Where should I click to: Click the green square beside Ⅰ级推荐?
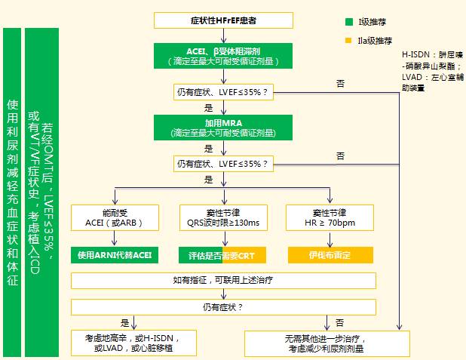(x=348, y=23)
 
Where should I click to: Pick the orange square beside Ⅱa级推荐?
(x=348, y=40)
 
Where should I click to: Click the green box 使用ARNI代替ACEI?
(x=115, y=254)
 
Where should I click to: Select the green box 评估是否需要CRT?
(x=223, y=254)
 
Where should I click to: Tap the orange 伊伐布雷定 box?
(x=330, y=254)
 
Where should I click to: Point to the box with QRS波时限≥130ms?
(x=223, y=217)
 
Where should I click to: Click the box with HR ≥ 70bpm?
(x=330, y=217)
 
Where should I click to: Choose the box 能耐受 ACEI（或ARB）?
(x=115, y=217)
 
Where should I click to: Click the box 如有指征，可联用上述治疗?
(x=223, y=281)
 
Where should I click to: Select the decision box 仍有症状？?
(x=223, y=307)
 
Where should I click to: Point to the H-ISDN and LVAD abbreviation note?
(x=432, y=72)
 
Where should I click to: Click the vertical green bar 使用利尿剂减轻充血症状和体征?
(x=11, y=192)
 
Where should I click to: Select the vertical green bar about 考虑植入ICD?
(x=41, y=192)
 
